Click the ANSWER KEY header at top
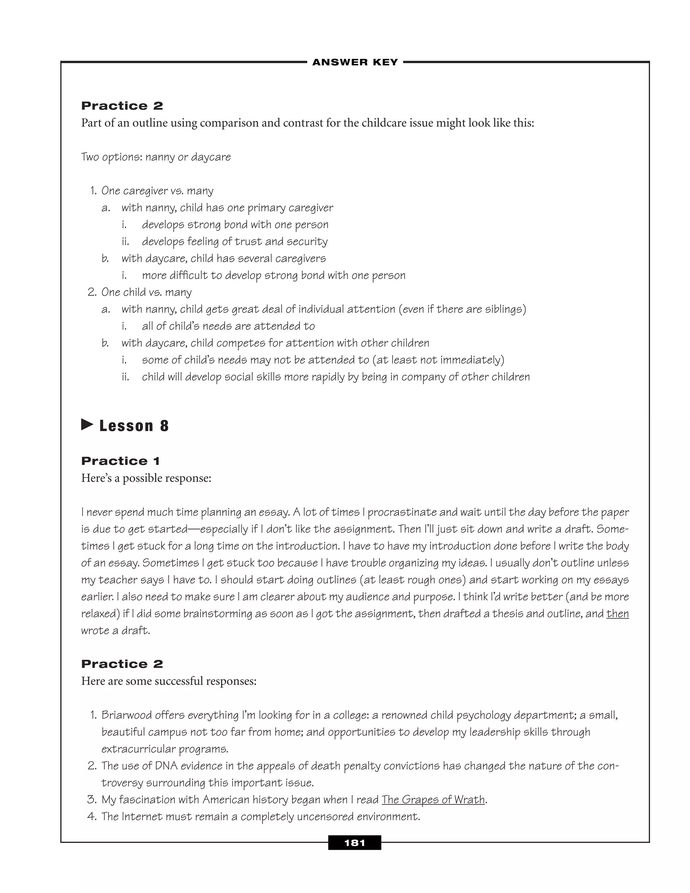click(355, 62)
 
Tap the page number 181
click(354, 843)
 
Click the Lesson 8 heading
click(134, 426)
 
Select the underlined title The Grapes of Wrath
click(433, 799)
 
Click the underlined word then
click(617, 613)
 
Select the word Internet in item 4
click(141, 817)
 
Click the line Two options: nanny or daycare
click(156, 157)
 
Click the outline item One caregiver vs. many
click(157, 191)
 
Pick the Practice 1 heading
click(121, 461)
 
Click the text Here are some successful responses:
click(169, 681)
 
